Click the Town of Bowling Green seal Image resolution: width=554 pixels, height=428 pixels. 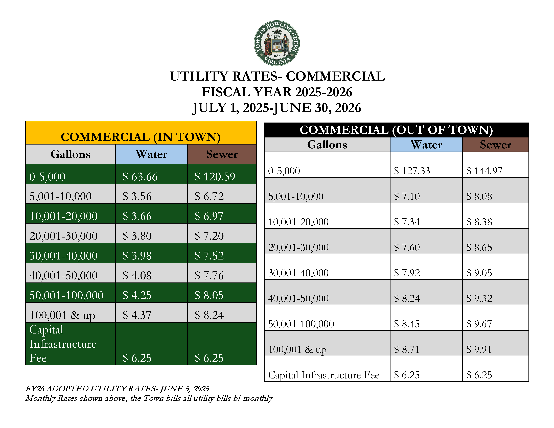click(277, 43)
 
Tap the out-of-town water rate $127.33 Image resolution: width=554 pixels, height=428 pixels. click(412, 171)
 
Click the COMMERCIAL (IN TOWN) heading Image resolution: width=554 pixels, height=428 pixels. click(141, 137)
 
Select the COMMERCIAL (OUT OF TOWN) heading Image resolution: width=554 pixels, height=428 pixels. click(396, 130)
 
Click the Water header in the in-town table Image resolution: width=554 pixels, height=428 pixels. click(151, 154)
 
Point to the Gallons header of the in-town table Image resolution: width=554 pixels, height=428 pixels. click(71, 154)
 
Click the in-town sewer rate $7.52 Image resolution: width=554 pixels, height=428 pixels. click(209, 256)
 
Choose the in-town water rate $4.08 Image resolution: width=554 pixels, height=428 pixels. click(137, 275)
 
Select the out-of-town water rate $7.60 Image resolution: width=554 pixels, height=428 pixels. click(407, 247)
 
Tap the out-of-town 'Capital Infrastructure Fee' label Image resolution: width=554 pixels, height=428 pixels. click(324, 375)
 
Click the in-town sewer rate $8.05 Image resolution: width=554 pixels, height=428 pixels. click(209, 295)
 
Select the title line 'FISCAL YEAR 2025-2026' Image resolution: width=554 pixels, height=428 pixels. click(277, 92)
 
